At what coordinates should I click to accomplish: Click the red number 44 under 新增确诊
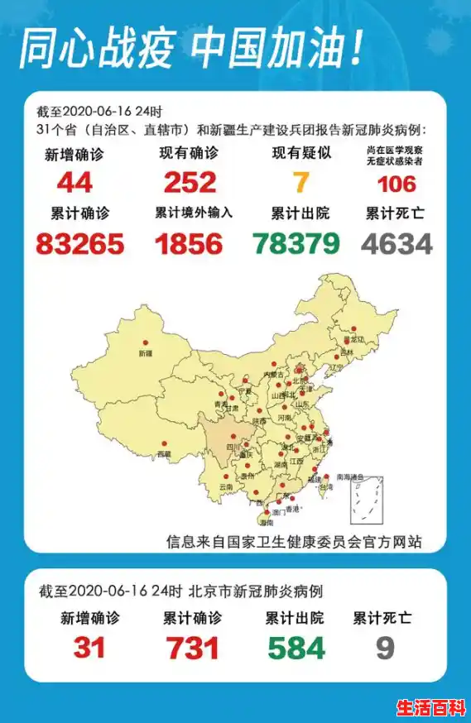[x=74, y=182]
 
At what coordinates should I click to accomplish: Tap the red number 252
[x=190, y=182]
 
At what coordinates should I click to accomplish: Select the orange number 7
[x=301, y=182]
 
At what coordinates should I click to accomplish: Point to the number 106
[x=396, y=183]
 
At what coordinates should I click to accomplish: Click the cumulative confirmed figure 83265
[x=80, y=243]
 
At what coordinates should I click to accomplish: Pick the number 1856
[x=189, y=243]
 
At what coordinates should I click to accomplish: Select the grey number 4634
[x=397, y=243]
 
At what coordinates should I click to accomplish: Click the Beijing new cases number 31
[x=89, y=648]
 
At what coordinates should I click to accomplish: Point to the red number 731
[x=192, y=648]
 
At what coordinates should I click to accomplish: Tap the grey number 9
[x=385, y=648]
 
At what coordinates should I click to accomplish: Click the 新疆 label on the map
[x=146, y=353]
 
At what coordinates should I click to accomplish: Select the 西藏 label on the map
[x=164, y=453]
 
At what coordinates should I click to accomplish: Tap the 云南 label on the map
[x=227, y=487]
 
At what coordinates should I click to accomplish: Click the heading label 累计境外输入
[x=194, y=213]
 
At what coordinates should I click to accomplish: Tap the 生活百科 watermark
[x=431, y=708]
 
